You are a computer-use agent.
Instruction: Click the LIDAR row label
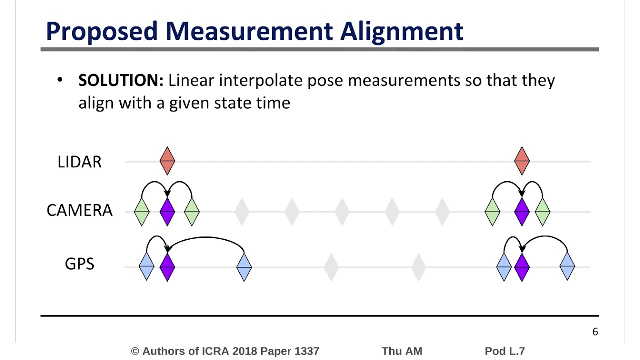[x=79, y=162]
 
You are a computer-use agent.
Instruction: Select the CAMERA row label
[x=79, y=211]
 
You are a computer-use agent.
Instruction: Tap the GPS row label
[x=79, y=264]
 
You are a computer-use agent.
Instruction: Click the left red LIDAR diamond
[x=167, y=161]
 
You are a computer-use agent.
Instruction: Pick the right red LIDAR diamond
[x=522, y=161]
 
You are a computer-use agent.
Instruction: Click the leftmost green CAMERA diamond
[x=142, y=212]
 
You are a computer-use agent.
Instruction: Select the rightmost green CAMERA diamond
[x=542, y=212]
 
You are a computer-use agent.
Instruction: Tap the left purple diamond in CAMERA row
[x=167, y=212]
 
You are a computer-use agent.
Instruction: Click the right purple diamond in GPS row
[x=522, y=267]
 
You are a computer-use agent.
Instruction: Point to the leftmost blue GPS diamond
[x=146, y=267]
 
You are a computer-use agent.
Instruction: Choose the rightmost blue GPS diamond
[x=567, y=267]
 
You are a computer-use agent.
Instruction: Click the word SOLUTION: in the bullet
[x=121, y=80]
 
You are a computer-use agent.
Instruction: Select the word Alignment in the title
[x=402, y=31]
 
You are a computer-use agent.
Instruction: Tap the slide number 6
[x=595, y=332]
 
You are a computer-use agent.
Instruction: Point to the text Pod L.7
[x=505, y=351]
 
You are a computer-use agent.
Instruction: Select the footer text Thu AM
[x=402, y=351]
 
